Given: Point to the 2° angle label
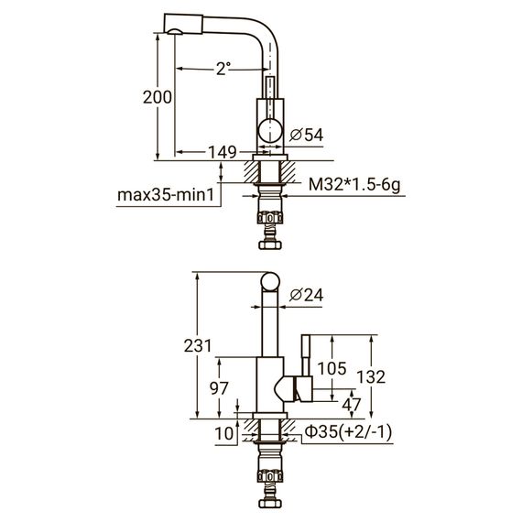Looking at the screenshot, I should (223, 69).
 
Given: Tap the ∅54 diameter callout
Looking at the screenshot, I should (307, 135).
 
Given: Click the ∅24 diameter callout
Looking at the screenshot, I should (306, 294).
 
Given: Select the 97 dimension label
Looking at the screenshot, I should (219, 388).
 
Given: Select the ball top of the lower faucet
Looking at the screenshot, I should (270, 282).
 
